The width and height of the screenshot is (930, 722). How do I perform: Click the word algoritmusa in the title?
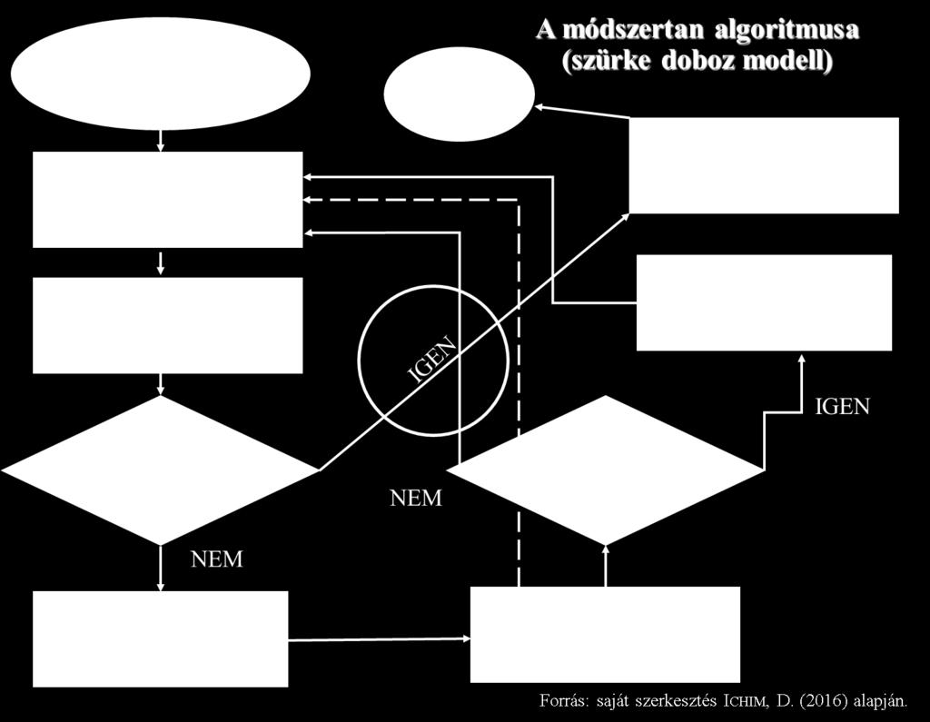click(x=787, y=30)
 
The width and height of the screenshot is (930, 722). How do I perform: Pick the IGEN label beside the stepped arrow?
click(x=842, y=406)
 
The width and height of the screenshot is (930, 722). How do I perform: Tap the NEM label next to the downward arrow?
click(x=217, y=559)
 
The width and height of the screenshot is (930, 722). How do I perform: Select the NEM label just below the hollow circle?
click(x=416, y=498)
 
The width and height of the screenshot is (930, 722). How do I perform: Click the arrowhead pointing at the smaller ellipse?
click(x=539, y=107)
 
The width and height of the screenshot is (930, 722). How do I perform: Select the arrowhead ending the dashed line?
click(x=307, y=200)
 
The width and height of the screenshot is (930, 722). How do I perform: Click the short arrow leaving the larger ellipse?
click(x=160, y=141)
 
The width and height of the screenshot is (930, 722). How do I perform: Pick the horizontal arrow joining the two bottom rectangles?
click(x=379, y=639)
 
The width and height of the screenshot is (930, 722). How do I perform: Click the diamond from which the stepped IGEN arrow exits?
click(x=605, y=470)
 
